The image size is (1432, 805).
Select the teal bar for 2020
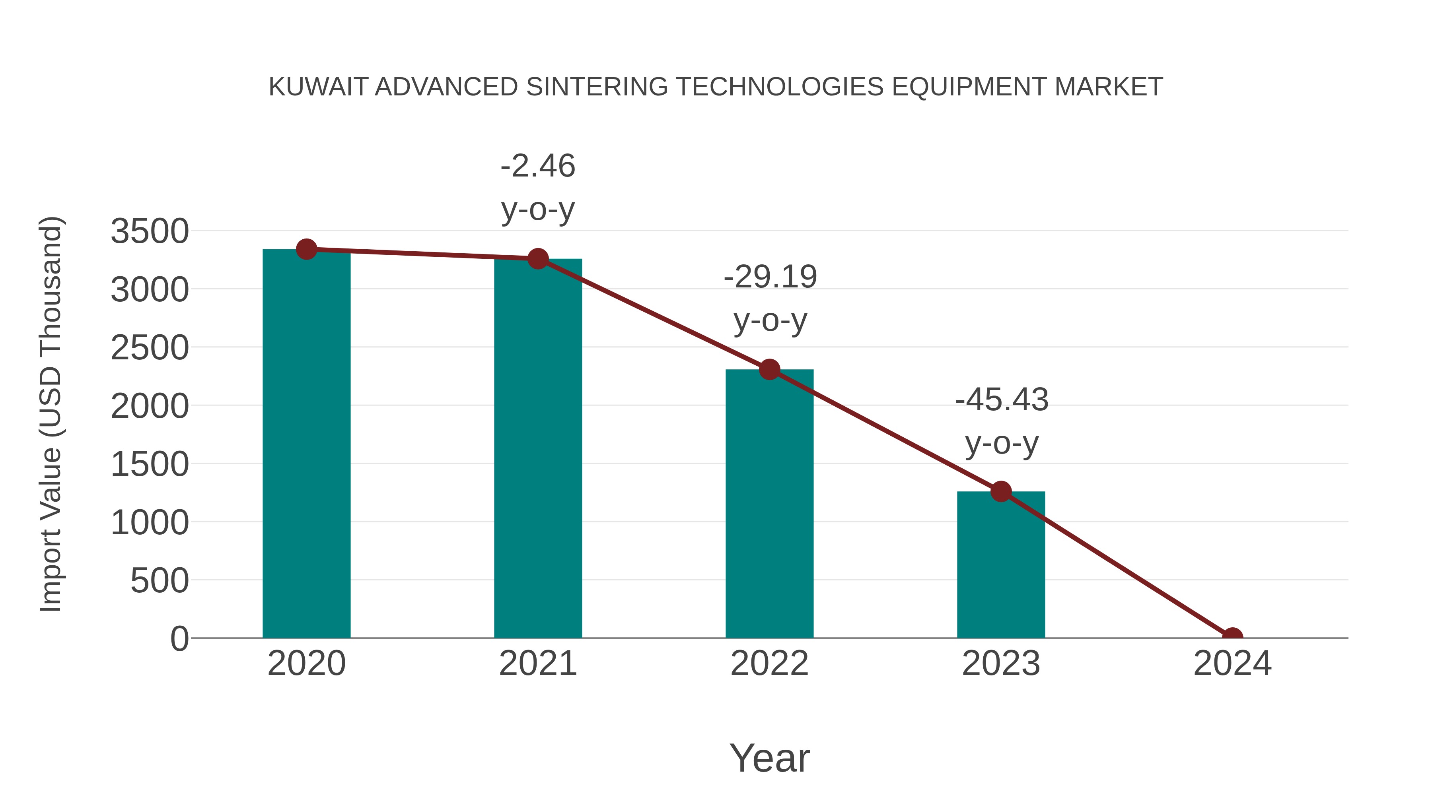pyautogui.click(x=306, y=444)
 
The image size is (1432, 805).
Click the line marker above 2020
pyautogui.click(x=306, y=249)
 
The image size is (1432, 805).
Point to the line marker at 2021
pyautogui.click(x=537, y=259)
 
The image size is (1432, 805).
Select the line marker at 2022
pyautogui.click(x=769, y=369)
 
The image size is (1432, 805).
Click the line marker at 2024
pyautogui.click(x=1232, y=637)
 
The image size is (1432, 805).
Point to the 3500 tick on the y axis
pyautogui.click(x=150, y=231)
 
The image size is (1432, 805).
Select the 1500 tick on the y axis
pyautogui.click(x=150, y=464)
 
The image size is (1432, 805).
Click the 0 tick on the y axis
pyautogui.click(x=179, y=638)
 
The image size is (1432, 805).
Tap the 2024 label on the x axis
pyautogui.click(x=1232, y=663)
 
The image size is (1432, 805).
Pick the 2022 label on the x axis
pyautogui.click(x=769, y=663)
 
